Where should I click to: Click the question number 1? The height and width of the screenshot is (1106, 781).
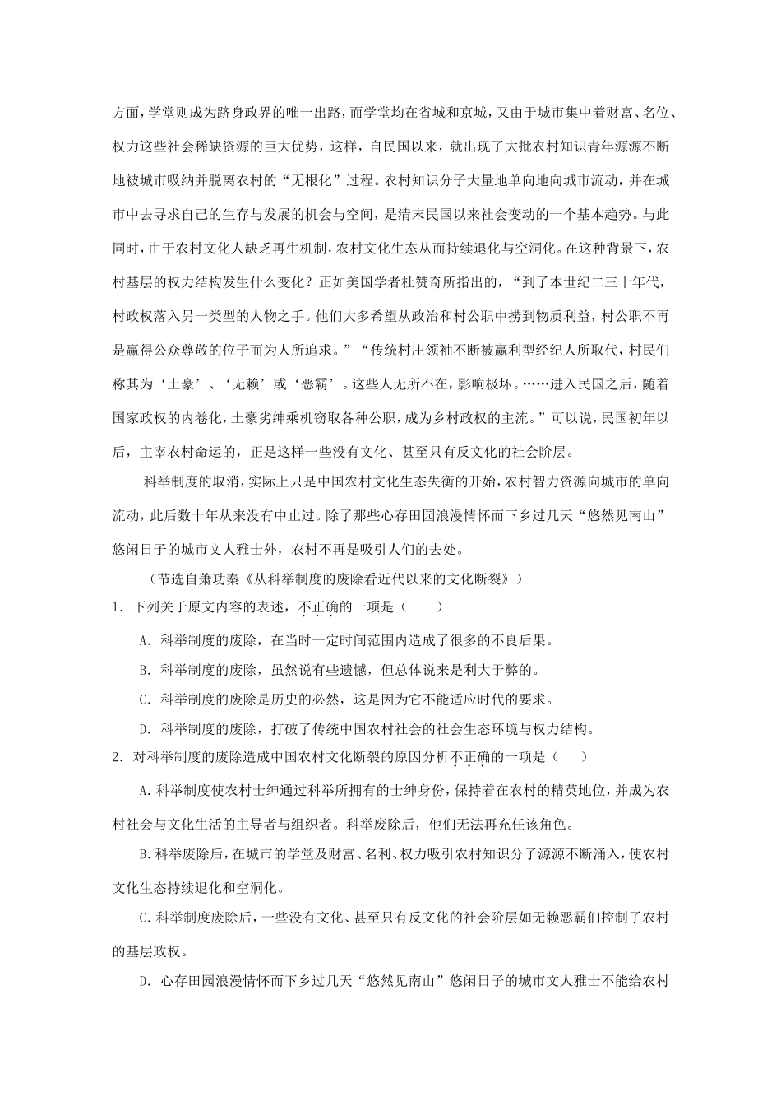click(x=117, y=607)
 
